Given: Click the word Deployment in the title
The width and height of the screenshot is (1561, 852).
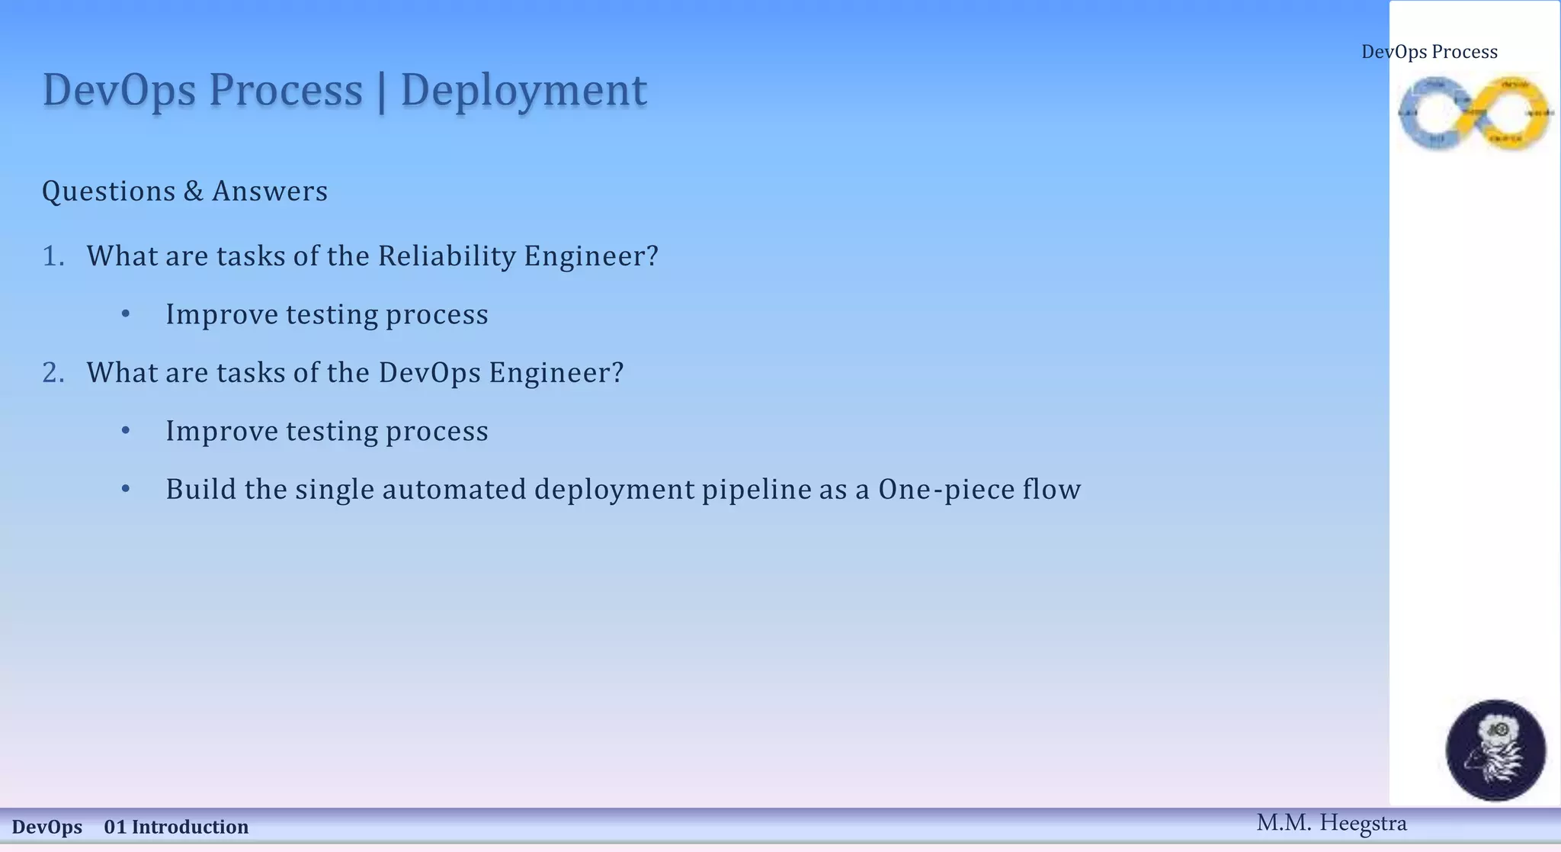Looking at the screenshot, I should coord(523,91).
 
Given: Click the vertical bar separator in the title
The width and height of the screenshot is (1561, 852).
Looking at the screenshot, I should coord(381,91).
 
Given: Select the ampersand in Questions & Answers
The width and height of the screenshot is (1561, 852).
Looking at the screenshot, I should coord(193,191).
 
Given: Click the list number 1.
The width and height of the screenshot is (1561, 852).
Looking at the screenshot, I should coord(52,256).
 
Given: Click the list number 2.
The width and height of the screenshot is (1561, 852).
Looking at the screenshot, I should coord(52,373).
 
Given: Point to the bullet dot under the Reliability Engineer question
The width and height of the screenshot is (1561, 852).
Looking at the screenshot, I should coord(126,314).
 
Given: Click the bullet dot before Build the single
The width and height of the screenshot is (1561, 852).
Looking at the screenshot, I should coord(126,489).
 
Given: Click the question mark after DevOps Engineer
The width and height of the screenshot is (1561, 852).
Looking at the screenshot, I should coord(617,373).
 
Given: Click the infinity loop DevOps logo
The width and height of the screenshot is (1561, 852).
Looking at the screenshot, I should coord(1474,113).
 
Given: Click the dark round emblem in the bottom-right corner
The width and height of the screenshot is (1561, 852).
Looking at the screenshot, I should coord(1495,751).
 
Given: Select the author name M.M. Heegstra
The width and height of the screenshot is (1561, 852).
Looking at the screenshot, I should coord(1331,823).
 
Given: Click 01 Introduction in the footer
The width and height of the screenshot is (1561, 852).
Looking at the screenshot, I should coord(176,827).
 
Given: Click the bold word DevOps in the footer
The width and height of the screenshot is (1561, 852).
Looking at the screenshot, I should coord(47,827).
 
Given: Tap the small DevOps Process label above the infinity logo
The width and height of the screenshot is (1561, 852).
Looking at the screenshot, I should coord(1429,52).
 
